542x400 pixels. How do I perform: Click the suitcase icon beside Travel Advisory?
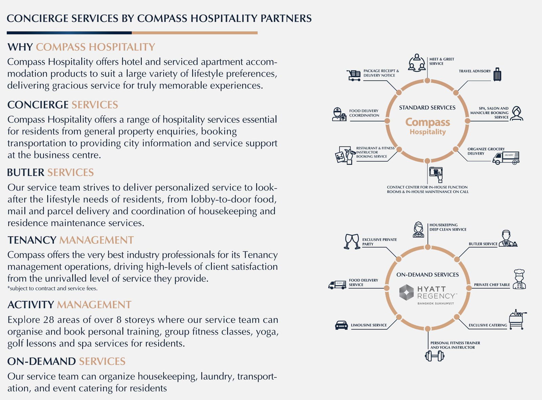tap(497, 74)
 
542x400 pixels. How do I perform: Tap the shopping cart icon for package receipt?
tap(354, 75)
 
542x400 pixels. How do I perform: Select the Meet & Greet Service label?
tap(442, 61)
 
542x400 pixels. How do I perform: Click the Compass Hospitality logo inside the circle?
tap(428, 126)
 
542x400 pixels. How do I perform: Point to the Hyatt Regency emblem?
tap(406, 292)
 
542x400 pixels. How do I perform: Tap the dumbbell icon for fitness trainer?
tap(435, 356)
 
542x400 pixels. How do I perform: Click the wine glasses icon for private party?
tap(352, 241)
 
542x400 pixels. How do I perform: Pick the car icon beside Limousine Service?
tap(341, 325)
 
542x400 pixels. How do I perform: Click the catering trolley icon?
tap(518, 319)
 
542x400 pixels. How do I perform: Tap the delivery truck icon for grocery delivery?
tap(506, 158)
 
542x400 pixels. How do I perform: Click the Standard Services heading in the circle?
tap(427, 107)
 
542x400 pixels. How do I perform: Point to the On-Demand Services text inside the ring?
tap(427, 275)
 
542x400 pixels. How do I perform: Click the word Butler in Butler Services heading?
tap(26, 173)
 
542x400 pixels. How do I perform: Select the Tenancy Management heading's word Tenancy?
tap(32, 240)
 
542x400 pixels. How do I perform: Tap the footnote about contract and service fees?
tap(52, 288)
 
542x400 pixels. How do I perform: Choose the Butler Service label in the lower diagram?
tap(483, 244)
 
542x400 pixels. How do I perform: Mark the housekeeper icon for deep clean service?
tap(418, 229)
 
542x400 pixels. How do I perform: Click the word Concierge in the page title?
tap(38, 18)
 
